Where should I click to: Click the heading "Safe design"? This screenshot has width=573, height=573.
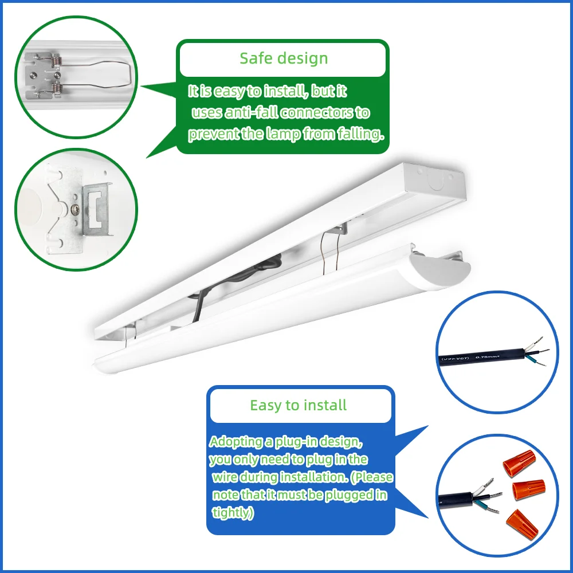[284, 58]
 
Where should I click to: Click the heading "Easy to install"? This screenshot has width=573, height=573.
[298, 406]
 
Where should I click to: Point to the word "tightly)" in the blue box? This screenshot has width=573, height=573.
[233, 513]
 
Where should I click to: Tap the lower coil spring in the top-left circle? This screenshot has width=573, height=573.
[56, 87]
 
